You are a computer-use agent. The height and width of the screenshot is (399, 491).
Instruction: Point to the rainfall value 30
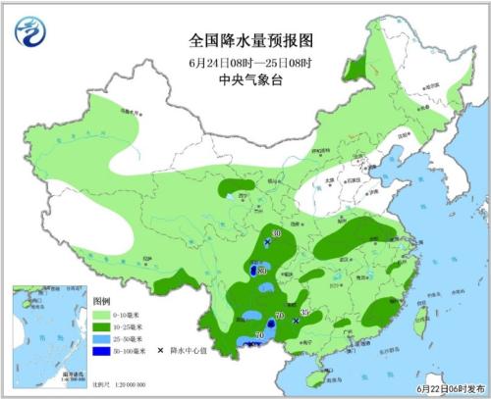coord(278,233)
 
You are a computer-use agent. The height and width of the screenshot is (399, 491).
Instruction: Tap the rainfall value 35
coord(304,312)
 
